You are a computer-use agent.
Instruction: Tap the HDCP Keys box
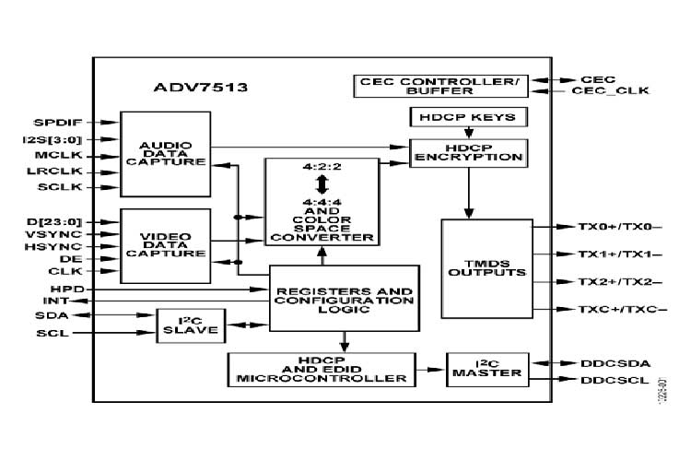click(x=469, y=117)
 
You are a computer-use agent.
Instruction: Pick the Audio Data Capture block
click(x=166, y=154)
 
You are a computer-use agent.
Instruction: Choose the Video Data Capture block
click(x=166, y=245)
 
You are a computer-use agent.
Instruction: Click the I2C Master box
click(x=487, y=371)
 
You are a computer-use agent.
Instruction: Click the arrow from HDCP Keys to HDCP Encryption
click(x=469, y=134)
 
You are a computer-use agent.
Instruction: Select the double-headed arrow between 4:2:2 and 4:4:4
click(x=322, y=182)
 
